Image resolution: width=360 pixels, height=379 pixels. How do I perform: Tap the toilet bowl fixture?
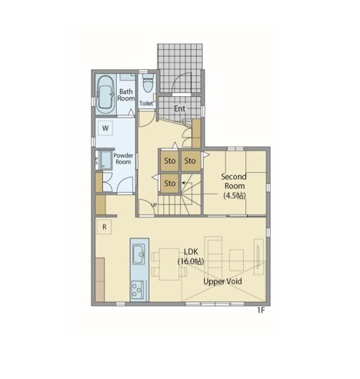[148, 83]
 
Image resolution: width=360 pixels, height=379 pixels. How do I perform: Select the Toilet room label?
[146, 103]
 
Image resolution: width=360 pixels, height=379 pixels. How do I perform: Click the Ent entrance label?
[179, 108]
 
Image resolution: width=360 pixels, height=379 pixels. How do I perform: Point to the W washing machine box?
[105, 128]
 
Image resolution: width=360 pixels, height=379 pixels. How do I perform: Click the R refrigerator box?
[104, 227]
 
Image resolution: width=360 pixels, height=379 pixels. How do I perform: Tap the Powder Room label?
[123, 158]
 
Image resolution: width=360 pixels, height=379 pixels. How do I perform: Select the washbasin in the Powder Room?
[105, 160]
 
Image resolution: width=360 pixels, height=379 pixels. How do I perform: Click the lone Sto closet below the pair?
[170, 183]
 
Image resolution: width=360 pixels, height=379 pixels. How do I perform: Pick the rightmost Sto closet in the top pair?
[190, 161]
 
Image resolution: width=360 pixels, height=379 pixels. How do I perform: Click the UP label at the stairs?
[154, 205]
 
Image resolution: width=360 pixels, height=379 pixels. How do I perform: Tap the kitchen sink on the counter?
[138, 254]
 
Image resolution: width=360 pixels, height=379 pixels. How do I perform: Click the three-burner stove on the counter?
[138, 290]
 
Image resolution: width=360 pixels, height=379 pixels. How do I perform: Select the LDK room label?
[191, 251]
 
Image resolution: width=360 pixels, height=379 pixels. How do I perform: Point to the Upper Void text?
[222, 281]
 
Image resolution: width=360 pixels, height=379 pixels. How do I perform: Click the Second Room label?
[234, 181]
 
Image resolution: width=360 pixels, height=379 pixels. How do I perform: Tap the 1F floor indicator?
[261, 311]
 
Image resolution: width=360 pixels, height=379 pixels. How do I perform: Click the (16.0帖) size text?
[191, 261]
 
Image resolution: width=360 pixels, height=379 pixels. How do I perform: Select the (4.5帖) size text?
[235, 195]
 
